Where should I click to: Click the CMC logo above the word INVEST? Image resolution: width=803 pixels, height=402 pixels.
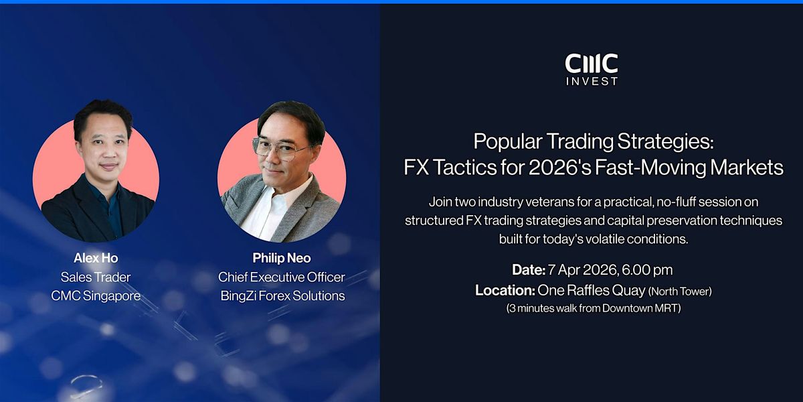point(592,63)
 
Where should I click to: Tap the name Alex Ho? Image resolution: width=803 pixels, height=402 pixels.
point(96,258)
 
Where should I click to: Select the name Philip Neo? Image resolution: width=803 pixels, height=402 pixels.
point(282,258)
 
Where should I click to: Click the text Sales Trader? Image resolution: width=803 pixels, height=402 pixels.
point(96,277)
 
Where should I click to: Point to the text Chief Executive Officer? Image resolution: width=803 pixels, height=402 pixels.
point(282,277)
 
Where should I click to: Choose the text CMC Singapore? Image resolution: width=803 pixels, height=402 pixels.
point(96,295)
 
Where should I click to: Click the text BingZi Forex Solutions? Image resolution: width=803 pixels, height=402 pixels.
point(282,295)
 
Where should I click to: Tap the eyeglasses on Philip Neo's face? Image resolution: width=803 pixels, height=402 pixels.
point(282,149)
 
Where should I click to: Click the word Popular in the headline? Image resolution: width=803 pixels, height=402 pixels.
point(508,142)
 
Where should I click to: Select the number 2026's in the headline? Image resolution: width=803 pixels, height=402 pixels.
point(559,167)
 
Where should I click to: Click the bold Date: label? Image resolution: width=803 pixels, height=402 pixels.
point(529,270)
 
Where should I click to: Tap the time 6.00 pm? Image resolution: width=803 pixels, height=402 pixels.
point(648,270)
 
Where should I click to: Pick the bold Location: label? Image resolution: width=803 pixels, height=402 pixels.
point(505,290)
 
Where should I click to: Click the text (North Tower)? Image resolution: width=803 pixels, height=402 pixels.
point(680,291)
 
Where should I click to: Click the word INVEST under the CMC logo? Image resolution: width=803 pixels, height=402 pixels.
point(592,82)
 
